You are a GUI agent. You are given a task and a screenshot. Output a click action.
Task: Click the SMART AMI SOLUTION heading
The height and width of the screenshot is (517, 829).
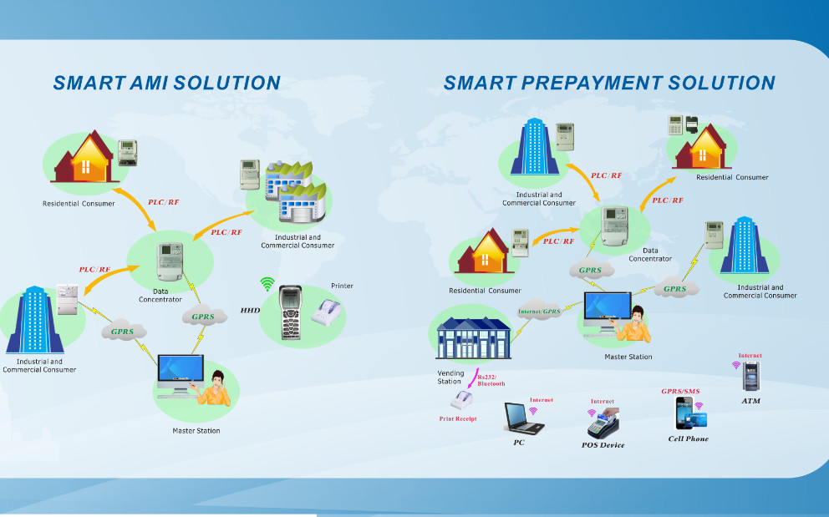coord(166,83)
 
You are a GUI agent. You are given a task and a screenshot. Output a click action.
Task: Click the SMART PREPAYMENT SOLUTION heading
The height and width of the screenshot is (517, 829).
coord(608,83)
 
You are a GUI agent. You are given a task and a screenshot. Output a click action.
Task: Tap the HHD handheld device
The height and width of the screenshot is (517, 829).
coord(289,310)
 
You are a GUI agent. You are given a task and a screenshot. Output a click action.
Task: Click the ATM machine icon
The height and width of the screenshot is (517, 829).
coord(750,378)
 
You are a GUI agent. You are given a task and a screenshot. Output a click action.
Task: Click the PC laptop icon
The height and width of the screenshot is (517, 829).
coord(523,418)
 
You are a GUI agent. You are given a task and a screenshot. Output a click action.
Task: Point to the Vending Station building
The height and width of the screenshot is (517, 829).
coord(473,338)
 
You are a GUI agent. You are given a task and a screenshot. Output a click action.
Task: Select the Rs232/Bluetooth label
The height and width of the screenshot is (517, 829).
coord(491,380)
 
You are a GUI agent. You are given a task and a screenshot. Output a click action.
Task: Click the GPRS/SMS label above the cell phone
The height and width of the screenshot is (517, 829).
coord(680,391)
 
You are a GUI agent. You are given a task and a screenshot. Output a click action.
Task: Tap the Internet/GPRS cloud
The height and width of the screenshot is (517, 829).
coord(540,312)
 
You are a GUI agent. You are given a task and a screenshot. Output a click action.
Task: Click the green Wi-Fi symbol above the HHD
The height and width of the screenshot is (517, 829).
coord(267,284)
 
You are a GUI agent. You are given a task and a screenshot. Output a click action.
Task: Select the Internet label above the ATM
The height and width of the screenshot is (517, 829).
coord(750,356)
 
